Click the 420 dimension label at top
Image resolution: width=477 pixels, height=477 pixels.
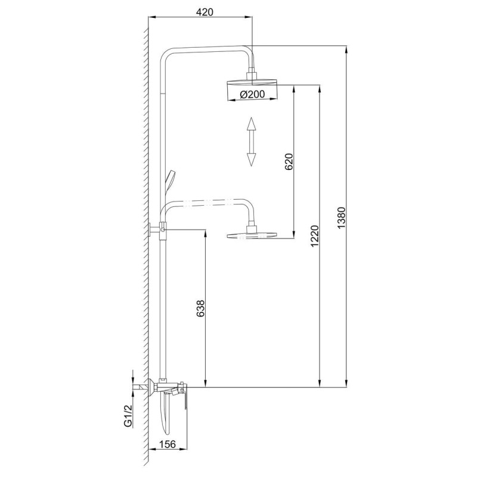[x=205, y=12]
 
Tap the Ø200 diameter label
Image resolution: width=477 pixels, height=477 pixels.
[x=252, y=94]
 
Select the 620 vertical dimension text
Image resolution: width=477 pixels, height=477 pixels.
[x=289, y=162]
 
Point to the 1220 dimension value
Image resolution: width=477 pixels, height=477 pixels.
[x=315, y=236]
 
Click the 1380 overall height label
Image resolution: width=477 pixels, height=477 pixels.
[x=342, y=218]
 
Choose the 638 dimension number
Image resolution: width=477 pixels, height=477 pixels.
[x=201, y=309]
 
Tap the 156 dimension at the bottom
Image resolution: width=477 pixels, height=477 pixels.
[x=168, y=444]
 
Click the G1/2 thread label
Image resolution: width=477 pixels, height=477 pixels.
[x=129, y=415]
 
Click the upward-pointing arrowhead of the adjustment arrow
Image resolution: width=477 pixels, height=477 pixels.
[x=251, y=124]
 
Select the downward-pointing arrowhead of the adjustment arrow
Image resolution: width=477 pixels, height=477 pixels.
[x=251, y=159]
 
